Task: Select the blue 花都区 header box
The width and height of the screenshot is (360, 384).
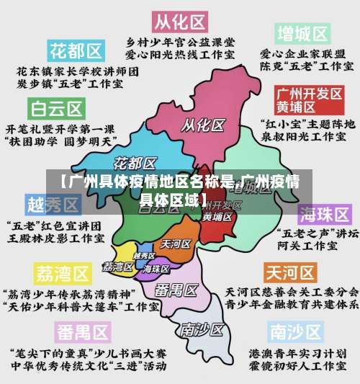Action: (75, 50)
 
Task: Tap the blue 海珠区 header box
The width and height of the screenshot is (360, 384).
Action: (325, 215)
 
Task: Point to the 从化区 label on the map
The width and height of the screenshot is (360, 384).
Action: (202, 125)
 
